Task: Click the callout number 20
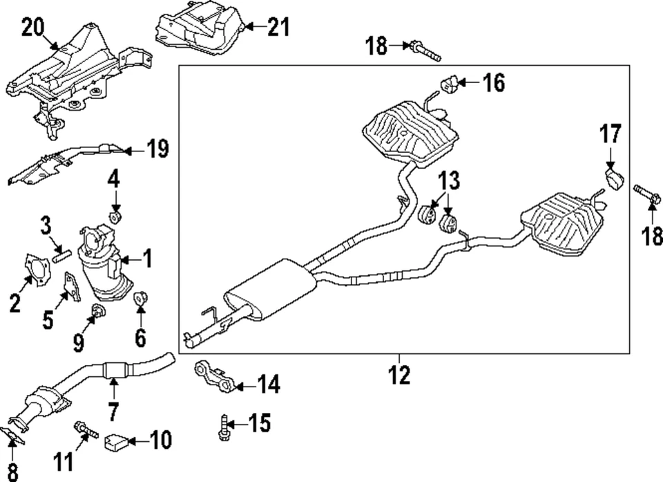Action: tap(32, 28)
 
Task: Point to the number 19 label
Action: tap(157, 149)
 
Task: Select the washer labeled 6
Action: tap(141, 299)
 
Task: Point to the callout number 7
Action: tap(112, 411)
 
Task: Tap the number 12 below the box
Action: tap(399, 375)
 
